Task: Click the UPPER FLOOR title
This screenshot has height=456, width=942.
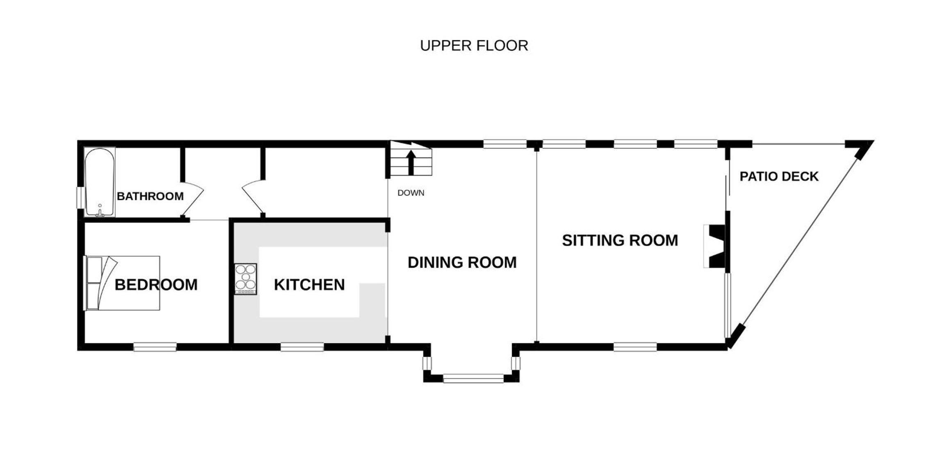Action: coord(474,45)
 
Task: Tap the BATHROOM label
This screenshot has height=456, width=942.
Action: coord(150,196)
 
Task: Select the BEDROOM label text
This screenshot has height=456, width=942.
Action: coord(156,285)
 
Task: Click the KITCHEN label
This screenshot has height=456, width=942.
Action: coord(309,285)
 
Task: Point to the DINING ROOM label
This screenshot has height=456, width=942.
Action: coord(462,263)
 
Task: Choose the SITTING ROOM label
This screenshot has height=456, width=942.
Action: coord(620,240)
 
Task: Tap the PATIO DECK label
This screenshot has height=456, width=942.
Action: coord(779,177)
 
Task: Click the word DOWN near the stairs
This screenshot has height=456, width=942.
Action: coord(411,193)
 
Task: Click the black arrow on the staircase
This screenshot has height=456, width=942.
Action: coord(411,162)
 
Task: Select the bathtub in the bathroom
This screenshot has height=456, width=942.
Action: coord(100,182)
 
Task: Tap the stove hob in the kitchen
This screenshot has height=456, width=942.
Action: coord(246,279)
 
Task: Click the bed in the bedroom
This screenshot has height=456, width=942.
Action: coord(122,283)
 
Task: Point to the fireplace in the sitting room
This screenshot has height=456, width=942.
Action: coord(715,246)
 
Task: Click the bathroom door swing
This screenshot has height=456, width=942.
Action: coord(193,200)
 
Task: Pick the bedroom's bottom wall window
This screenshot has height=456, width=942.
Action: coord(155,347)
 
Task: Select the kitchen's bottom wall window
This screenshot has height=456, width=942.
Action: coord(302,347)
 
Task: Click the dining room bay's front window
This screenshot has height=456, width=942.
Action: coord(474,378)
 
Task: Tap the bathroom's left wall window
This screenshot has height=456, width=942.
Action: coord(81,198)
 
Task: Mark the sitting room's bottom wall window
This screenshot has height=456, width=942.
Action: coord(635,347)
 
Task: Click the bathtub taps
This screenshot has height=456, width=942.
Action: coord(100,211)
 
